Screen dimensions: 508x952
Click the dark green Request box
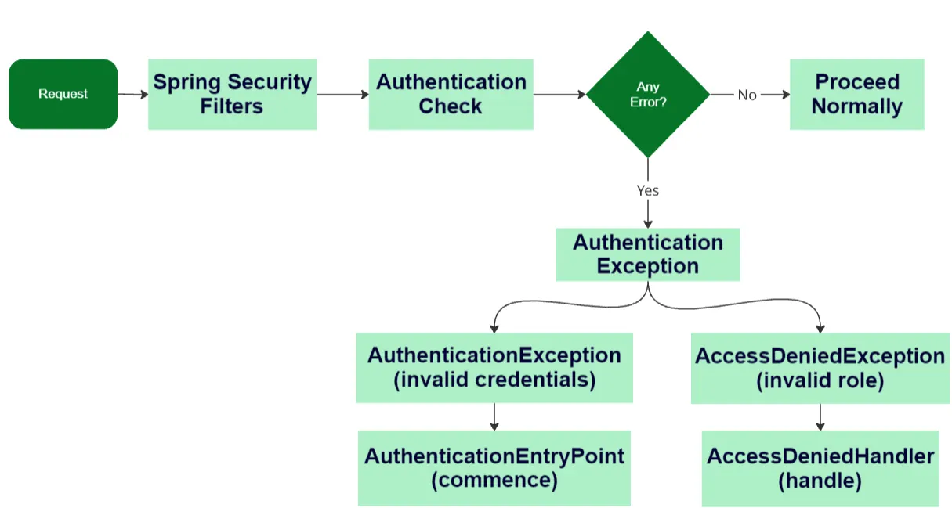coord(63,94)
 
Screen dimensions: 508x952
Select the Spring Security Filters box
coord(232,94)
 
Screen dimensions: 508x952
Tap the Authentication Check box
coord(451,94)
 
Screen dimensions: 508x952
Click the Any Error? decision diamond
coord(648,95)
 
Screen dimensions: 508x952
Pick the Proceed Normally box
coord(856,94)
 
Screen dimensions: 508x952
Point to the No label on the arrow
coord(747,95)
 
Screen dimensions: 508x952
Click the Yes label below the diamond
coord(648,191)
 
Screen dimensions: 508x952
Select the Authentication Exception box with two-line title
coord(647,254)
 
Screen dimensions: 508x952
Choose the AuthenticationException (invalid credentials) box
coord(494,368)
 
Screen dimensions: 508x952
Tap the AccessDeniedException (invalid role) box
coord(820,369)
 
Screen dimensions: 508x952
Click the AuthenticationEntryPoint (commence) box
coord(494,467)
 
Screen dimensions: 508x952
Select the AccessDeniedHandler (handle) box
coord(820,468)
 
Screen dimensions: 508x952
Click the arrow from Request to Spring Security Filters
coord(132,94)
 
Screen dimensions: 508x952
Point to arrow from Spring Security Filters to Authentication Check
coord(342,95)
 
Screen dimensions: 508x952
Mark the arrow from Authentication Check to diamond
coord(559,95)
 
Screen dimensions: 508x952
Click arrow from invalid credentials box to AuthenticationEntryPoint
coord(494,416)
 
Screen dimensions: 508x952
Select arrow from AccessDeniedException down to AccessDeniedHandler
coord(820,417)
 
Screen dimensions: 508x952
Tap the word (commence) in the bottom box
coord(494,480)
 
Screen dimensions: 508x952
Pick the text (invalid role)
coord(820,381)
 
